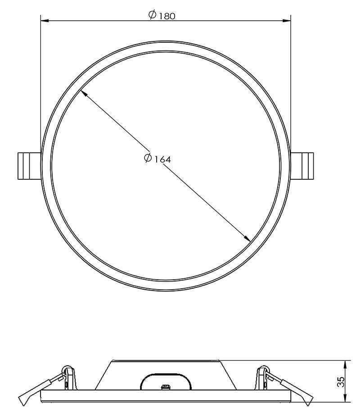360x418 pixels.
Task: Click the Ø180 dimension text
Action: click(162, 15)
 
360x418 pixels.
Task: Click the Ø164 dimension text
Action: click(157, 159)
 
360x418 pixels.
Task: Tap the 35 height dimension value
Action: click(341, 382)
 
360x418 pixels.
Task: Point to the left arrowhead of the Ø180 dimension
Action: click(45, 21)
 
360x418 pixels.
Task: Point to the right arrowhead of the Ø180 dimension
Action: click(287, 21)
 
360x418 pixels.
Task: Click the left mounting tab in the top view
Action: click(29, 166)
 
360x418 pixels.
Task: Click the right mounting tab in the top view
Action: click(302, 166)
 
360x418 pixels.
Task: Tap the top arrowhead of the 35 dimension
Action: click(345, 364)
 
